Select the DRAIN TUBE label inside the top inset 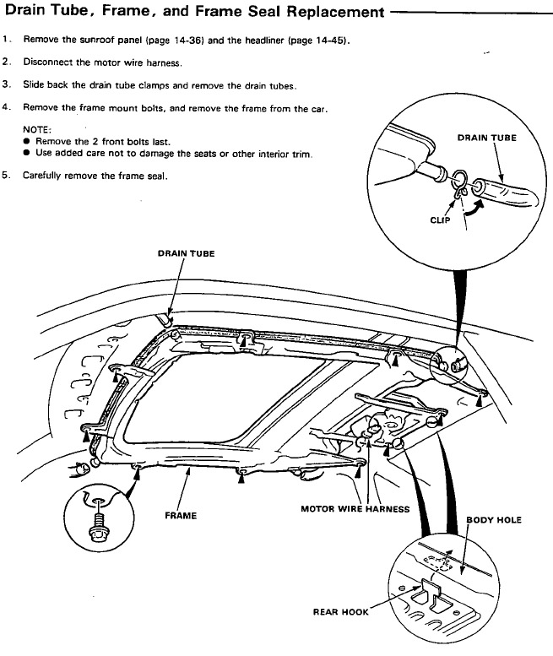(486, 137)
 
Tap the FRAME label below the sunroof (182, 515)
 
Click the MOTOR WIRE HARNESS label (355, 509)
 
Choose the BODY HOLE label (494, 520)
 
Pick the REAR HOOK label (340, 611)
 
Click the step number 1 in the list (7, 40)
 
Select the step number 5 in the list (7, 176)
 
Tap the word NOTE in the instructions (36, 129)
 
